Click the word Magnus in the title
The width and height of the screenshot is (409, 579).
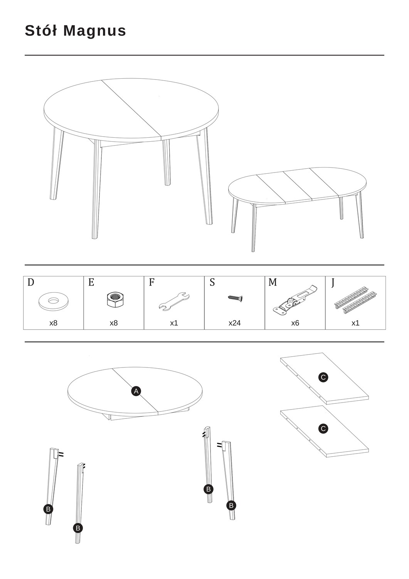(94, 31)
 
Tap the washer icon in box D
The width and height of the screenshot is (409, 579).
(54, 301)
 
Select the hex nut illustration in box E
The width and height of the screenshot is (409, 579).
(114, 300)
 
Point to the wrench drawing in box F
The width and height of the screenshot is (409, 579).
(174, 301)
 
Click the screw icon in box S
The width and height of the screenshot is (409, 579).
(235, 298)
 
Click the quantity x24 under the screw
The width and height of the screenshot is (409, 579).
(234, 323)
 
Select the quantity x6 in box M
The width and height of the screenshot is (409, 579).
(295, 323)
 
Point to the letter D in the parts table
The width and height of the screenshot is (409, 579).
(31, 283)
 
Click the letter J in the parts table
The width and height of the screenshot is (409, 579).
(333, 283)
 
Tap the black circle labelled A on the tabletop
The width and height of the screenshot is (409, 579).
(136, 391)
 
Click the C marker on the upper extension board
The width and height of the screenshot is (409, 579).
(323, 378)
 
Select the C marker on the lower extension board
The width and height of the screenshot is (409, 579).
(323, 429)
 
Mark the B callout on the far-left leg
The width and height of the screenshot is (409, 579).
(48, 509)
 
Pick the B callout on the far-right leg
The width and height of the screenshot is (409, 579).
(231, 505)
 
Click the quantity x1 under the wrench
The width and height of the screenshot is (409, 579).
(174, 323)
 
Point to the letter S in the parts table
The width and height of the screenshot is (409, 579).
(212, 283)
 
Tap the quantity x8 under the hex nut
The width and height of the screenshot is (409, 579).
(114, 323)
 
